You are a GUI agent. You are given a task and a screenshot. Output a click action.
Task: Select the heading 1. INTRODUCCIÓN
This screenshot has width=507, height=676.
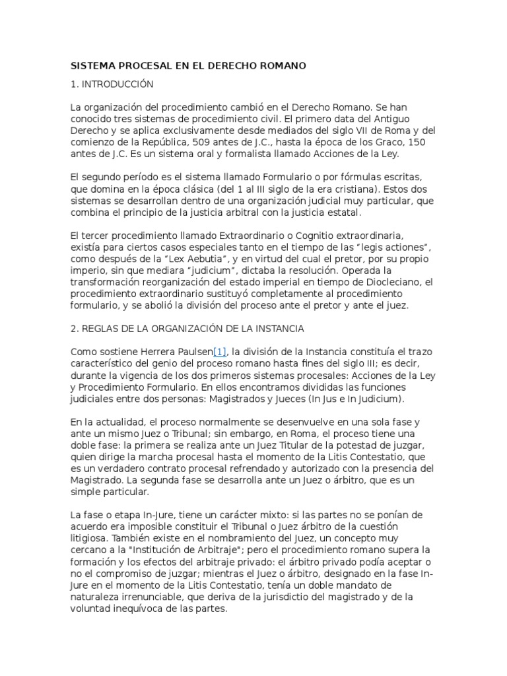click(x=112, y=84)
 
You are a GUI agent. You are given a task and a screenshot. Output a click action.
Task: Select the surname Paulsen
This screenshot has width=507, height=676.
click(x=191, y=353)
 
